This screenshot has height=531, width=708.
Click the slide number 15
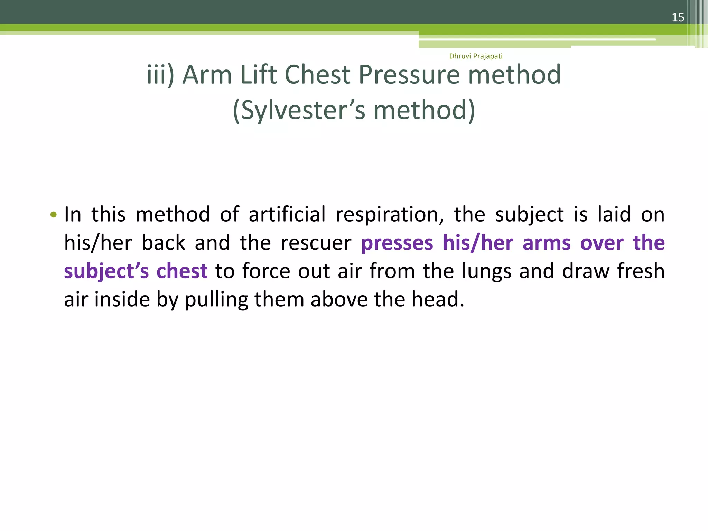coord(678,17)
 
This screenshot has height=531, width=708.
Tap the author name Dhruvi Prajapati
coord(476,56)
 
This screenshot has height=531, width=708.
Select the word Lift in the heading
coord(258,75)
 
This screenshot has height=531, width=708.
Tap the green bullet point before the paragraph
coord(53,215)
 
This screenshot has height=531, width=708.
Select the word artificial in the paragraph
coord(287,215)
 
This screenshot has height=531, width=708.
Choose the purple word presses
coord(397,243)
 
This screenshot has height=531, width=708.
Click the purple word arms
coord(547,243)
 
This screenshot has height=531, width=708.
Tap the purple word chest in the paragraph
coord(182,271)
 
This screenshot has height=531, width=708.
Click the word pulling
coord(216,299)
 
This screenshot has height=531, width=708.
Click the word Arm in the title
coord(207,75)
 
